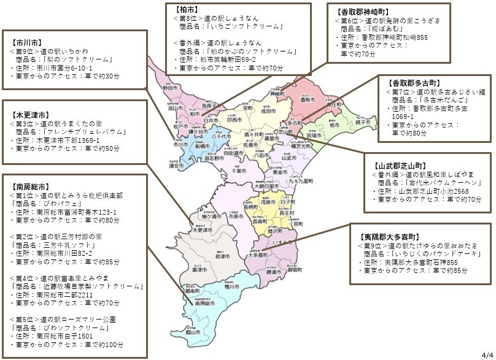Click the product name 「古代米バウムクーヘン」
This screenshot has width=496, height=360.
tap(430, 183)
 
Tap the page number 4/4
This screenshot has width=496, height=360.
tap(486, 354)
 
